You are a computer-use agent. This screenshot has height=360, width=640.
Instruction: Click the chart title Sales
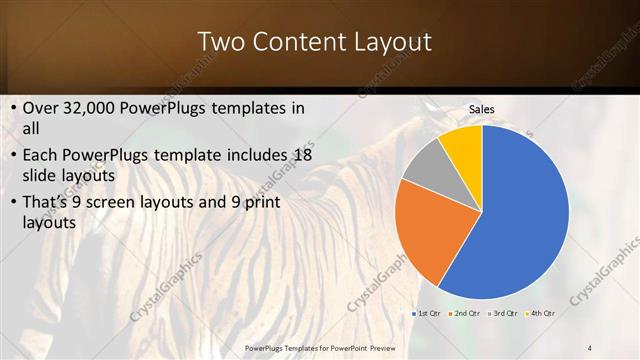(481, 110)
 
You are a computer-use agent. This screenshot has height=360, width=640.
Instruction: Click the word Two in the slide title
(219, 42)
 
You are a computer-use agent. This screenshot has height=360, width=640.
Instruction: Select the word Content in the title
(295, 42)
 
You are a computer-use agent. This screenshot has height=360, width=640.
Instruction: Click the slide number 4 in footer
(590, 347)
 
